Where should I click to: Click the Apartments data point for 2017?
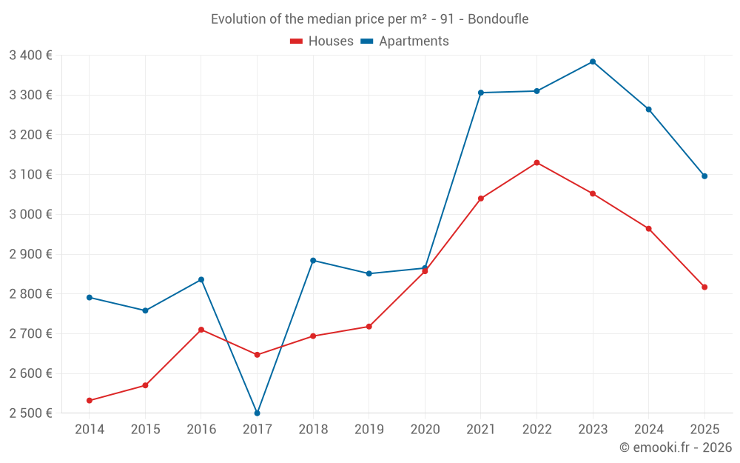point(257,413)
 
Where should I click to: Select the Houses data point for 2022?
point(536,163)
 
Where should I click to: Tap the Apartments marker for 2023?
point(593,61)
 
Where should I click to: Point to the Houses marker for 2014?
point(90,401)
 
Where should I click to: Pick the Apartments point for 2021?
point(481,93)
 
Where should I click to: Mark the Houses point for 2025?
point(704,287)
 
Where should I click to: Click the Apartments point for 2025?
point(704,176)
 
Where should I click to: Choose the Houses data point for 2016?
point(201,330)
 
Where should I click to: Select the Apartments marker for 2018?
point(313,261)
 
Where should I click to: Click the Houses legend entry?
point(322,41)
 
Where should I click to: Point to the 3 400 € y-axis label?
point(30,56)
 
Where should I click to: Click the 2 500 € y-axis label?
point(30,413)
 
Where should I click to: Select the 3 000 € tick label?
point(30,215)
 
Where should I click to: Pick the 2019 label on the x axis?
point(369,430)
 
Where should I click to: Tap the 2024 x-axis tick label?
point(648,430)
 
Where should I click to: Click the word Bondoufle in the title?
point(498,19)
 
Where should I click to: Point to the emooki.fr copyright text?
point(676,447)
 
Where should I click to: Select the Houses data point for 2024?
point(648,229)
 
